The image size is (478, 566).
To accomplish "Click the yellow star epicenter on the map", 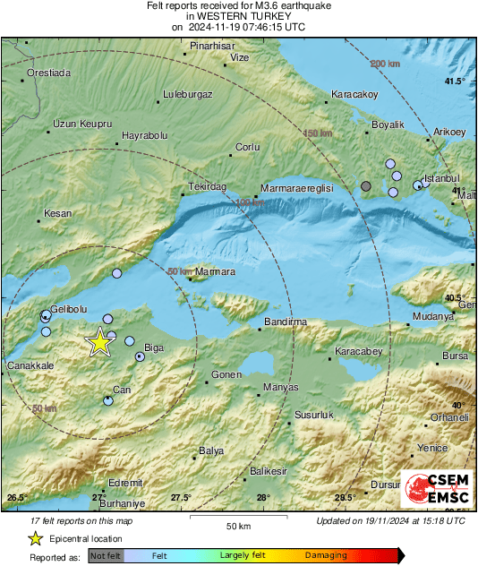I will click(x=99, y=342).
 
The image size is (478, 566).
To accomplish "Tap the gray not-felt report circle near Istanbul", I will click(x=366, y=186).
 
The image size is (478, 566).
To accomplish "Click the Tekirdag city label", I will click(x=208, y=186).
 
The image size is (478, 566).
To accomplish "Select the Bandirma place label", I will click(x=286, y=322).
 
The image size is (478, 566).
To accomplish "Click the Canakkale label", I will click(x=31, y=366).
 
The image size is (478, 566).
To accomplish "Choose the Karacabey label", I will click(x=358, y=353).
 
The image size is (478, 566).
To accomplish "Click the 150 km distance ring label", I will click(x=317, y=133).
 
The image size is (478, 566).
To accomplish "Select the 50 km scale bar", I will click(x=237, y=518).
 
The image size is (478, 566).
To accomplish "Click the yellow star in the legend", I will click(x=35, y=538).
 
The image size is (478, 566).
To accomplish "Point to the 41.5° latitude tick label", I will click(x=455, y=81).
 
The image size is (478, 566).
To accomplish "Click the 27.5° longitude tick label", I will click(x=181, y=498).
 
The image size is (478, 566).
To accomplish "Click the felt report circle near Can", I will click(x=108, y=400).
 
